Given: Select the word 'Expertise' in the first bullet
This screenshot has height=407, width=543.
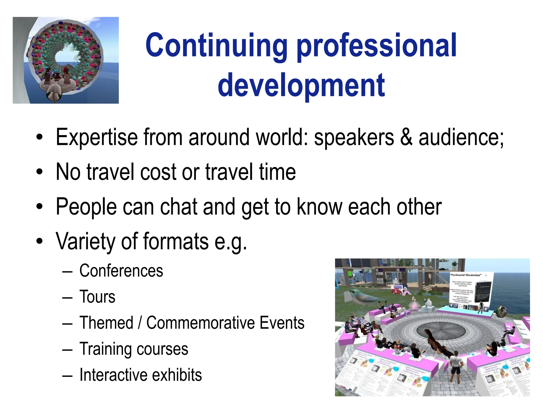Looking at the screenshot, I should click(97, 137).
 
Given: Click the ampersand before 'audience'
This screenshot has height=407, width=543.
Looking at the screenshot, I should click(406, 137).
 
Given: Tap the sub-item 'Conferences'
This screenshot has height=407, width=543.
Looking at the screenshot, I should click(121, 271).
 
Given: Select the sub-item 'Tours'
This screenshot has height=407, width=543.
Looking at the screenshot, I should click(97, 297).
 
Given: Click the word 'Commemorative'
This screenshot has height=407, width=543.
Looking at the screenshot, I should click(225, 323).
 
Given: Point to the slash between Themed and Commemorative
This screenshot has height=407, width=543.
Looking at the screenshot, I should click(140, 323).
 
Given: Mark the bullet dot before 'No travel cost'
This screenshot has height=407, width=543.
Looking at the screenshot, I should click(40, 172).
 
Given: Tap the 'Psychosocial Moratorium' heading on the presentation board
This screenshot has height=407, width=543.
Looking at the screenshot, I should click(466, 275).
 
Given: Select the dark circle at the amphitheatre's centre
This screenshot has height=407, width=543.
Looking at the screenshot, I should click(441, 331).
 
